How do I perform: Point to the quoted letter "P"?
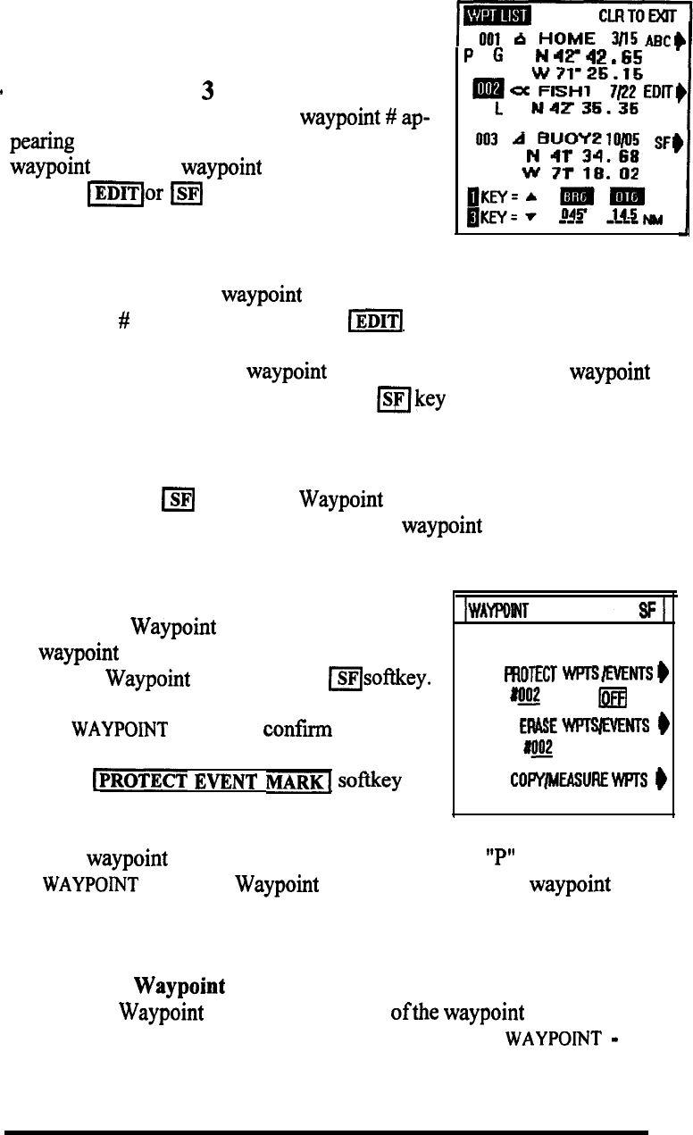pos(487,859)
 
